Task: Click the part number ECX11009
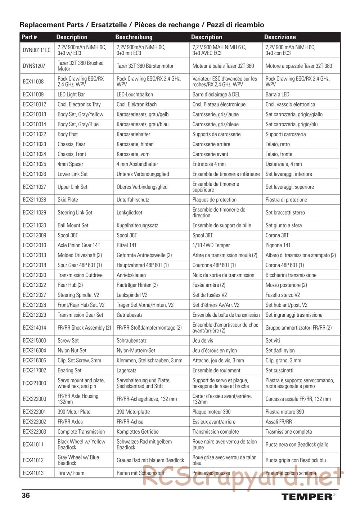coord(33,95)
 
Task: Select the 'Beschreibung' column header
coord(134,37)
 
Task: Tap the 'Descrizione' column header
coord(280,37)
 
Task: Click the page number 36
coord(26,495)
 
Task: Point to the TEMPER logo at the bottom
coord(307,497)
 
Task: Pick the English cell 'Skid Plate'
coord(68,200)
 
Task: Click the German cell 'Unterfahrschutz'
coord(132,200)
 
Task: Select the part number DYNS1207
coord(34,66)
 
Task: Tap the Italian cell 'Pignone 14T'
coord(279,245)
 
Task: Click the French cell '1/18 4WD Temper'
coord(211,245)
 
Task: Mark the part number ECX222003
coord(34,432)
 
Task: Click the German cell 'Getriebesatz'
coord(129,315)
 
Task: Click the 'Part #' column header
coord(29,37)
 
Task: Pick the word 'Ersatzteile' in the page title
coord(109,25)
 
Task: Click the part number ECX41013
coord(33,473)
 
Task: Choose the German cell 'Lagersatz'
coord(126,370)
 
